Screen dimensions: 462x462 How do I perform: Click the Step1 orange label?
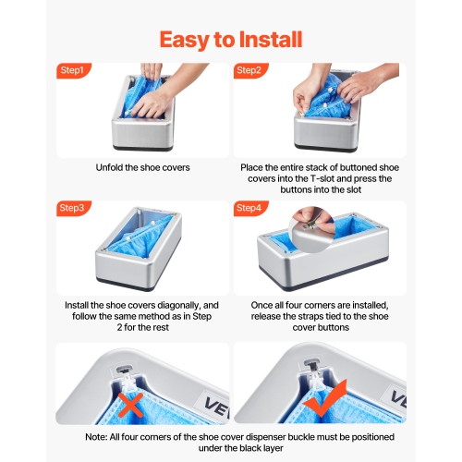(72, 70)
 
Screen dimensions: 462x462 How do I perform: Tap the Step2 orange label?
(249, 70)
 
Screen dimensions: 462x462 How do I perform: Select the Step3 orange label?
(72, 208)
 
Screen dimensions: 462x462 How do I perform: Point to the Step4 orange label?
(249, 208)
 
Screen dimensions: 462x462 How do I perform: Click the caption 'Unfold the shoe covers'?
(142, 167)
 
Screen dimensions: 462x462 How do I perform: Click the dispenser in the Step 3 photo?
(134, 249)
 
